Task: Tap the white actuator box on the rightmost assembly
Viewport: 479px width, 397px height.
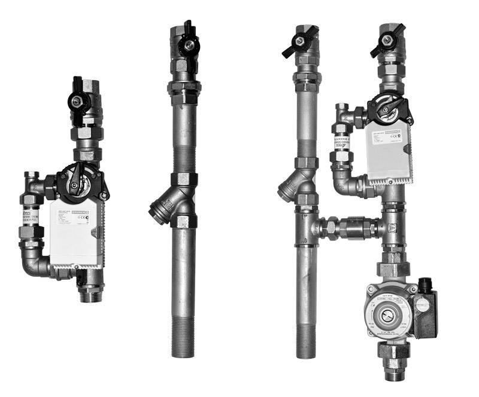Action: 389,149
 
